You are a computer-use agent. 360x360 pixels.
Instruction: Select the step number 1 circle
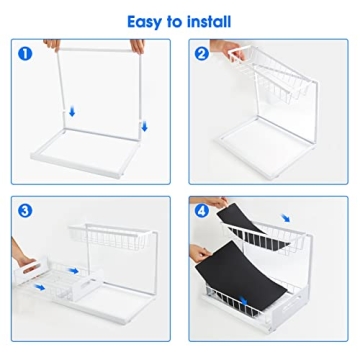(x=24, y=51)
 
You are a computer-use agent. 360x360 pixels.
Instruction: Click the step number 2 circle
(x=201, y=51)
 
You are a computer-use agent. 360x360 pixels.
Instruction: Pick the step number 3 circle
(x=25, y=210)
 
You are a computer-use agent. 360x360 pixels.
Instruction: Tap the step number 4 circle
(x=201, y=210)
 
